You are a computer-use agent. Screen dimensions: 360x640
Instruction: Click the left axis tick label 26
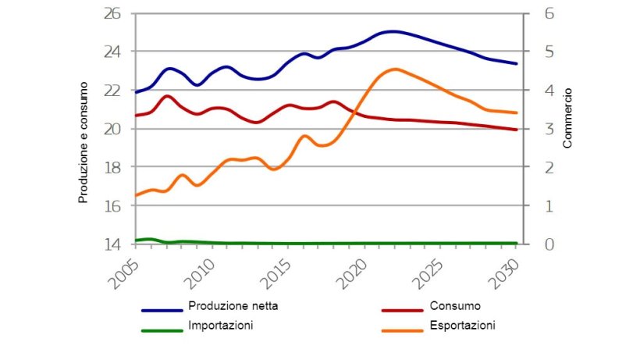tap(113, 13)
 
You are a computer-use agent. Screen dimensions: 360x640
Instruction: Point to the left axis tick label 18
tap(113, 168)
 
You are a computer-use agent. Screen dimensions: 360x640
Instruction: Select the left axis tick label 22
tap(113, 91)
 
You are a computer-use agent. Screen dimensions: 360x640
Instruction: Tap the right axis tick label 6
tap(538, 13)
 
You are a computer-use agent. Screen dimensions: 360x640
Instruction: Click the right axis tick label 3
tap(538, 129)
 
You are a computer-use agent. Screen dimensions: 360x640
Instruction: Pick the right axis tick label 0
tap(538, 244)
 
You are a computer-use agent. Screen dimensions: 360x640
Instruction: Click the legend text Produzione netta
tap(233, 306)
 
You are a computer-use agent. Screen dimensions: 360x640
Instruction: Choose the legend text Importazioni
tap(220, 326)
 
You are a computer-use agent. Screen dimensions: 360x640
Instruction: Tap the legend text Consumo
tap(454, 306)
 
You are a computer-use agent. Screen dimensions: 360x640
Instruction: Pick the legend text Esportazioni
tap(462, 326)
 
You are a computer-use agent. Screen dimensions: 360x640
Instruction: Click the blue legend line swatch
tap(162, 310)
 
